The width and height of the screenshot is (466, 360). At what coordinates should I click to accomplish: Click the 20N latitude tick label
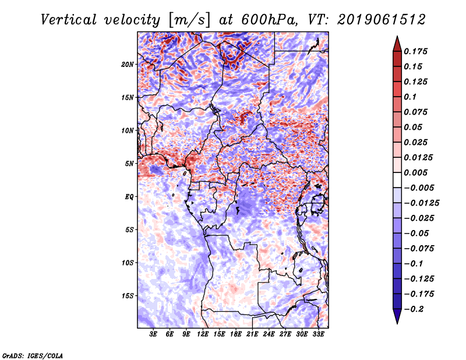(127, 65)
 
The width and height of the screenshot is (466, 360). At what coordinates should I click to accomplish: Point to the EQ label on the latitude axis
(129, 197)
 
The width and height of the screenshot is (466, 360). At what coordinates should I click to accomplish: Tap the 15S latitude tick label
(127, 296)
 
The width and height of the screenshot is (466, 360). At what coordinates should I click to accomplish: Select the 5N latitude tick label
(129, 164)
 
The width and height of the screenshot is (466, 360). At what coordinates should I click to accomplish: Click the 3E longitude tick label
(153, 334)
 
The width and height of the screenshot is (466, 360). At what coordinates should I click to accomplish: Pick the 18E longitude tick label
(236, 334)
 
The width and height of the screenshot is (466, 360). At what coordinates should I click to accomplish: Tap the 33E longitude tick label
(318, 334)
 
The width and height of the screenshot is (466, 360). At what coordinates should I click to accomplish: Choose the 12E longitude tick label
(203, 334)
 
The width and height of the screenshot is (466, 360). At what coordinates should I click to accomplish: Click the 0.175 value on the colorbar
(415, 51)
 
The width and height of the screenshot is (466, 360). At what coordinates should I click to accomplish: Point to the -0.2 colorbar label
(414, 309)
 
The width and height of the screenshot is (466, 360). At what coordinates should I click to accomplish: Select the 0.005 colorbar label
(415, 172)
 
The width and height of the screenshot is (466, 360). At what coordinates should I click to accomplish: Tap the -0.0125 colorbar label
(421, 203)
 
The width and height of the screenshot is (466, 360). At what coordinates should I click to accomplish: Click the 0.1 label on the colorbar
(410, 97)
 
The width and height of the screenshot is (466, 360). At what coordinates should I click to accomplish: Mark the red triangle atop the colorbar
(397, 44)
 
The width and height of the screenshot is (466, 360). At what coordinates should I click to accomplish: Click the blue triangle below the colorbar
(397, 316)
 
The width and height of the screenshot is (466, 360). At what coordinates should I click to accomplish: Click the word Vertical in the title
(69, 20)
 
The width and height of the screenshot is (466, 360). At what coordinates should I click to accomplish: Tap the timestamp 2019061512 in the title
(382, 20)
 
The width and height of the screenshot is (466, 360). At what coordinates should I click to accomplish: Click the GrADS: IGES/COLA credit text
(33, 355)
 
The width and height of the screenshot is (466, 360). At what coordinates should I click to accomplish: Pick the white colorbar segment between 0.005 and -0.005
(397, 180)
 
